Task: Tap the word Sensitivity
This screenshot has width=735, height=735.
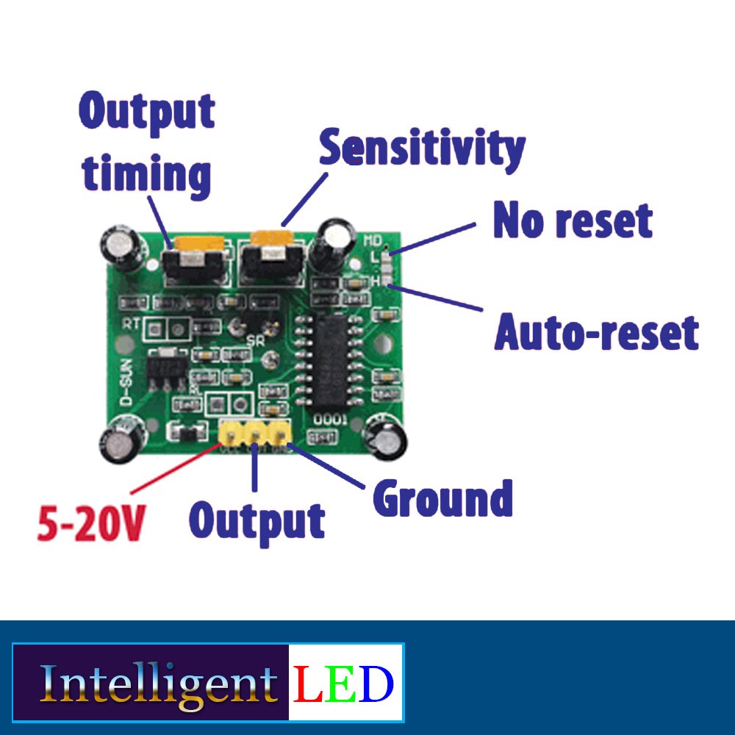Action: (x=422, y=148)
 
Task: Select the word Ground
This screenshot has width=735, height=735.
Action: (x=442, y=499)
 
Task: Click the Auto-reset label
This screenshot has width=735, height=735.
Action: (x=596, y=332)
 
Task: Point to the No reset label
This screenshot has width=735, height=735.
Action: (x=573, y=220)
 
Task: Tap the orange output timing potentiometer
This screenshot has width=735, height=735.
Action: (x=195, y=243)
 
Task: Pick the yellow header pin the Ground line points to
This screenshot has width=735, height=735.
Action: (x=279, y=435)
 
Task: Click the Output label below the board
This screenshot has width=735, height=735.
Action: (x=257, y=520)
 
